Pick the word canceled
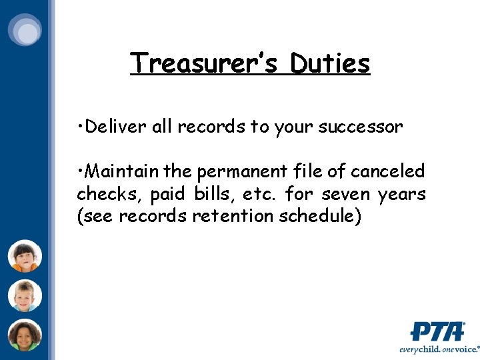(387, 171)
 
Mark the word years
(401, 195)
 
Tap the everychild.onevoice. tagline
(439, 349)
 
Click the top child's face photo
(25, 256)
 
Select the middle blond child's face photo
(25, 296)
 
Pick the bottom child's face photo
(25, 335)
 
